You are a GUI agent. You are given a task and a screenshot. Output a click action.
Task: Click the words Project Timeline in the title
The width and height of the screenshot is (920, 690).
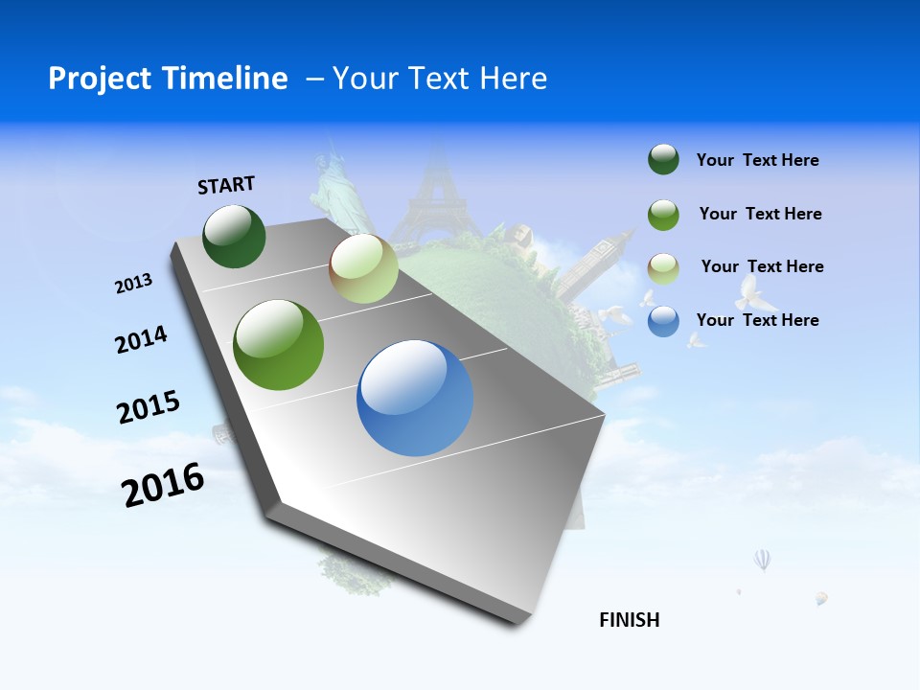coord(168,79)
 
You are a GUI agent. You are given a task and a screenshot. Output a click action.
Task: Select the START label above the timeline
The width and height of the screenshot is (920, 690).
coord(226,185)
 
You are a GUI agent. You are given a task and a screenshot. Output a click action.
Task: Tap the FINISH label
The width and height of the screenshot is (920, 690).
coord(629,620)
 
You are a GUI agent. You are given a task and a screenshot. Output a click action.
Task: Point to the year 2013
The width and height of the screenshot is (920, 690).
coord(133,284)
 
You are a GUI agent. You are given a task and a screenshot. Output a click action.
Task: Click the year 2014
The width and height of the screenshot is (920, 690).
coord(141,339)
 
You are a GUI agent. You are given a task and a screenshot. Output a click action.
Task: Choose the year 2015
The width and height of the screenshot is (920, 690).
coord(148,407)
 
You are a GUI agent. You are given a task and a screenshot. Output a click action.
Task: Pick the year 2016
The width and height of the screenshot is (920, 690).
coord(163,485)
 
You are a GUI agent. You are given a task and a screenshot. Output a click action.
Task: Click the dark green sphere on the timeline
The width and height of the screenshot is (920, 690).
coord(234,237)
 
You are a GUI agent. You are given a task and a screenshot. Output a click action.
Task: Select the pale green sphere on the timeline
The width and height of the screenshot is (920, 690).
coord(363,268)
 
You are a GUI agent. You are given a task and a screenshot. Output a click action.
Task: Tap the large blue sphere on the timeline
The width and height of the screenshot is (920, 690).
coord(415,398)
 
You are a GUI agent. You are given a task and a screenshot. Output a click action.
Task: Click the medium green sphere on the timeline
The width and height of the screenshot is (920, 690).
coord(279,345)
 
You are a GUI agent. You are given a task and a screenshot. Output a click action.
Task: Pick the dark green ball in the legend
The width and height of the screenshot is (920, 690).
coord(663,160)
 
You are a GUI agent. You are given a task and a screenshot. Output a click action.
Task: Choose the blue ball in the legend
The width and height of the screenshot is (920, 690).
coord(663,321)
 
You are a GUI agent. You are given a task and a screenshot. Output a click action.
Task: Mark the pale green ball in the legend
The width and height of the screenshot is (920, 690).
coord(663,267)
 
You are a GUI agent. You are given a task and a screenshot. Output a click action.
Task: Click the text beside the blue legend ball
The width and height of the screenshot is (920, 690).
coord(757,320)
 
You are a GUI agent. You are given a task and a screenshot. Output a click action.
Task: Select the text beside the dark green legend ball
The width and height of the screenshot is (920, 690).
coord(757,160)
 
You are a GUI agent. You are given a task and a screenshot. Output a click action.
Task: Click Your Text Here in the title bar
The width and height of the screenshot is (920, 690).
coord(439,79)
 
